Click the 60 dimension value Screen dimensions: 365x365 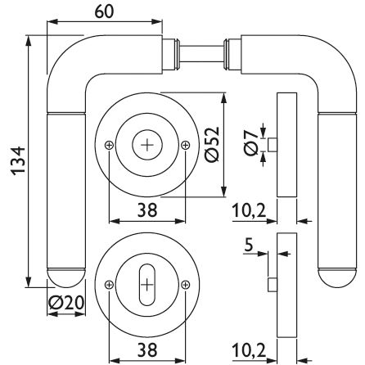click(104, 12)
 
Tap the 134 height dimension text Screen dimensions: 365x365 click(18, 161)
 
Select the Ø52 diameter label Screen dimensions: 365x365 click(213, 144)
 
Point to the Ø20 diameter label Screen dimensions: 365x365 click(66, 303)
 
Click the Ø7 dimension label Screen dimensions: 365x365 click(251, 143)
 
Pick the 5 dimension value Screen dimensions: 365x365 click(249, 245)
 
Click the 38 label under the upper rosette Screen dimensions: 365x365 click(147, 210)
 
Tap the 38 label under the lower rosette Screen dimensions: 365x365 click(147, 350)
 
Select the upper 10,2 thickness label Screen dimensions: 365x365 click(249, 211)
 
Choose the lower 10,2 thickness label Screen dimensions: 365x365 click(249, 350)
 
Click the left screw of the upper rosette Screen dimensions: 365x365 click(109, 145)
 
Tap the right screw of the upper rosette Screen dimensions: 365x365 click(186, 145)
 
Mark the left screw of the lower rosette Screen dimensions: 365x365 click(109, 285)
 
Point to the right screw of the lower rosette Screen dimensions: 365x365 click(186, 285)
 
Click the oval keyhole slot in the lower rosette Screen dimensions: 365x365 click(147, 285)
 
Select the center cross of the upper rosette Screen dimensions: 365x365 click(147, 145)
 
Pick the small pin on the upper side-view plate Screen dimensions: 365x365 click(273, 145)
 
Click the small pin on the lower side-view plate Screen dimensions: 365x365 click(273, 285)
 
